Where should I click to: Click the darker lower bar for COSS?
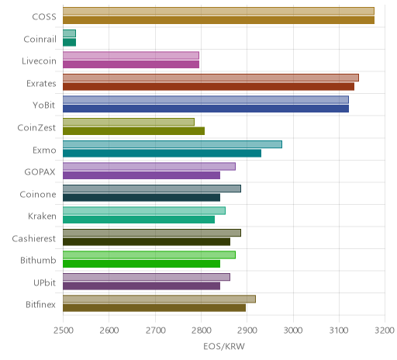pos(219,20)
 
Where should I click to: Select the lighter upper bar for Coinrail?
pos(69,33)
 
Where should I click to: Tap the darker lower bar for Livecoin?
pos(131,64)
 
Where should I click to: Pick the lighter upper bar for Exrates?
pos(211,78)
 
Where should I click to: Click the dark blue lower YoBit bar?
pos(205,109)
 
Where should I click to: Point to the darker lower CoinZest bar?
pos(133,131)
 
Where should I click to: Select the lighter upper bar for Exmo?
pos(172,144)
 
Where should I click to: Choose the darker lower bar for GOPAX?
pos(141,175)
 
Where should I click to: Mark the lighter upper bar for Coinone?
pos(152,189)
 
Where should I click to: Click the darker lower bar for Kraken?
pos(139,220)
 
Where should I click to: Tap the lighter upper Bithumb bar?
pos(149,255)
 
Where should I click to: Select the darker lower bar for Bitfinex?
pos(154,308)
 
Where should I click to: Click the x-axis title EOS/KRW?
pos(224,346)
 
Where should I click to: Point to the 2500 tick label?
pos(63,331)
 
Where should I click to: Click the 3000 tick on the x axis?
pos(293,331)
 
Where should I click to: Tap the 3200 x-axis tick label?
pos(385,331)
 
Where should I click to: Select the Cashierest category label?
pos(34,238)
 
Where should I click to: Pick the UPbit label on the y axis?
pos(44,282)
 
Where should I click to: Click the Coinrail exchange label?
pos(40,39)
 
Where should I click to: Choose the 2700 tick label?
pos(155,331)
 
